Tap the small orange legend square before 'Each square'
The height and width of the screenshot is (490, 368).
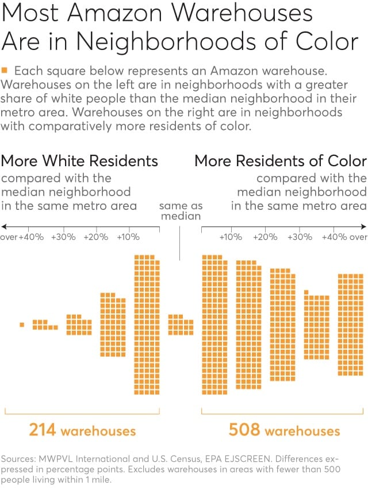point(5,70)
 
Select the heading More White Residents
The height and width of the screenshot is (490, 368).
point(79,160)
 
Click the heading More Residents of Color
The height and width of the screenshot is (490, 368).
point(281,160)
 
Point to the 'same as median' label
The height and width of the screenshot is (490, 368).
point(181,210)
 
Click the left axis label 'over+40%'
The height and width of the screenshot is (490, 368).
point(22,237)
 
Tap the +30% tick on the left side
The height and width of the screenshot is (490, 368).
point(63,237)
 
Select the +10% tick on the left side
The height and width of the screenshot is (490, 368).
point(128,237)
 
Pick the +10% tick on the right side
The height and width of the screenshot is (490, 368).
point(231,237)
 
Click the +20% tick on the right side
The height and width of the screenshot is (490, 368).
point(265,237)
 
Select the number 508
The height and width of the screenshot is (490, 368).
point(244,430)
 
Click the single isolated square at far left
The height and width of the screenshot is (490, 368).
point(22,325)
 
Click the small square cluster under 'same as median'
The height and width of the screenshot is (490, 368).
point(181,325)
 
